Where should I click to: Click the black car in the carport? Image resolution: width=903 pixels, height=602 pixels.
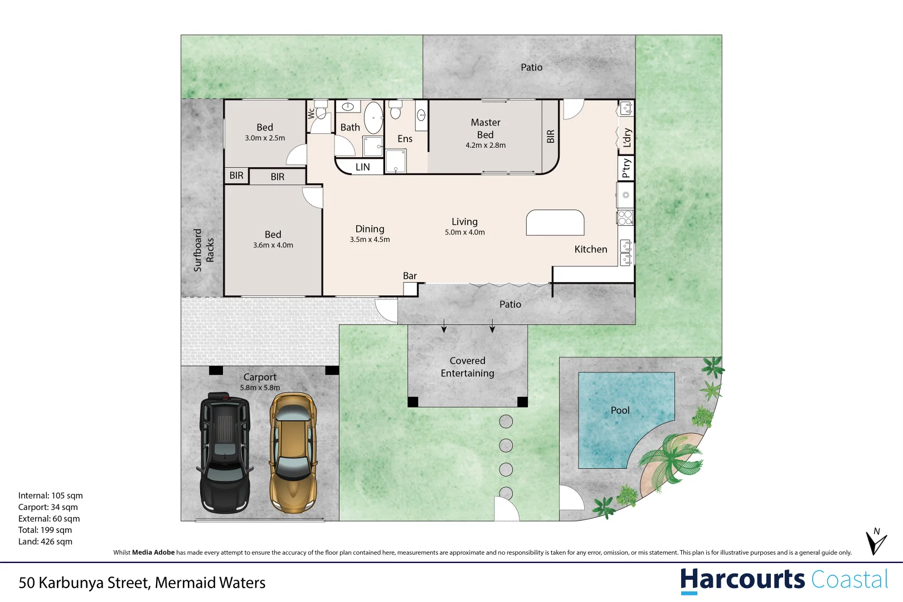click(x=225, y=453)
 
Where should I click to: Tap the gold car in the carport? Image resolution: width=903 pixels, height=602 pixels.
click(x=293, y=453)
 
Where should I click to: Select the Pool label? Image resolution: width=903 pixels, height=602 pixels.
click(x=620, y=410)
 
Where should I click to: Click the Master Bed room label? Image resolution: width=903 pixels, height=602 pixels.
click(x=486, y=128)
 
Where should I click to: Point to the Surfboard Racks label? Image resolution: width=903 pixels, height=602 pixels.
click(x=203, y=250)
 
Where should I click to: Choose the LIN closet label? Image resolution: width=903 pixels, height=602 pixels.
click(x=362, y=167)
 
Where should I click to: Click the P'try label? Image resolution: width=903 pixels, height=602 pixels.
click(x=626, y=168)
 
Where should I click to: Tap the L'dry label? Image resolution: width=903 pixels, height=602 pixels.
click(x=627, y=138)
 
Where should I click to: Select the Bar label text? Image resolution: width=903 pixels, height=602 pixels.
click(x=410, y=276)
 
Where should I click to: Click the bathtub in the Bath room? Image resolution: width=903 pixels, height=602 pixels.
click(x=373, y=118)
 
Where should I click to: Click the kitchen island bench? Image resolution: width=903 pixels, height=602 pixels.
click(x=555, y=222)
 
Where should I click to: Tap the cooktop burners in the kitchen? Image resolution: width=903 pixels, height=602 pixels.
click(x=625, y=218)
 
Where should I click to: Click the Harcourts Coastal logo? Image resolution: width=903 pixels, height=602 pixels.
click(x=784, y=581)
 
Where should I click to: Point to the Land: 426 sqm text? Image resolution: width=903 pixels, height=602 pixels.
click(x=45, y=541)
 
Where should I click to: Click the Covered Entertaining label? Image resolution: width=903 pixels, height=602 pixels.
click(x=467, y=367)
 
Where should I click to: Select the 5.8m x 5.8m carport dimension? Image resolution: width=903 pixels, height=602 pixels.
click(x=260, y=387)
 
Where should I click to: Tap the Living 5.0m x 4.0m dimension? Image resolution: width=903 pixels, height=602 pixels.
click(x=465, y=232)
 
